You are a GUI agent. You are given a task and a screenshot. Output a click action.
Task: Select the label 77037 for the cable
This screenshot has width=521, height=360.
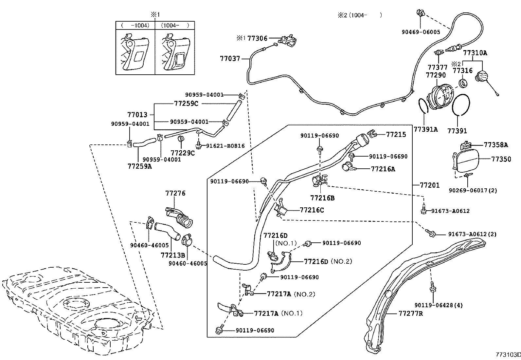coord(230,59)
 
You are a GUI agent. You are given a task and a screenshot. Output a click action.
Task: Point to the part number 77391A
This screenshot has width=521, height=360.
coord(425,129)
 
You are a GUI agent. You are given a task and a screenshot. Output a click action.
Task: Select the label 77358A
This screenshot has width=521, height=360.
coord(496,144)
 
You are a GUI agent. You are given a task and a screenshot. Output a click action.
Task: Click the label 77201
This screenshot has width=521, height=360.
coord(430,185)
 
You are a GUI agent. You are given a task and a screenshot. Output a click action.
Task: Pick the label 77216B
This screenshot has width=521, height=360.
coord(322,198)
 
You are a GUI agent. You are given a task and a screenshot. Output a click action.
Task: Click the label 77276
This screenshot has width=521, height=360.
coord(175,193)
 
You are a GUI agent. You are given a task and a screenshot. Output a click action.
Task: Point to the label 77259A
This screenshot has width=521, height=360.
coord(140,166)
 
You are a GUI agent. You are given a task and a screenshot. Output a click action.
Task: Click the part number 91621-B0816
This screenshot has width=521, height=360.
coord(225,146)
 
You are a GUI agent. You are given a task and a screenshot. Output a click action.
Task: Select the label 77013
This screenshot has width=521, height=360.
coord(137,115)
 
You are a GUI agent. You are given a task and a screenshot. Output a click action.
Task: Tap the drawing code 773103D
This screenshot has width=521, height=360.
coord(507,355)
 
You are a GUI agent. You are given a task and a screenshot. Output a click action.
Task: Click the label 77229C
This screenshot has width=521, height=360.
coord(183,153)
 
